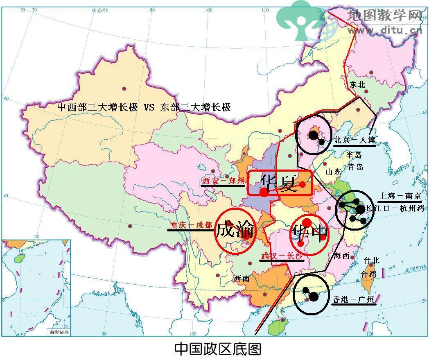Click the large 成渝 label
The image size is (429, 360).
tap(235, 231)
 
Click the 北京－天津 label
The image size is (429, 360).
tap(354, 140)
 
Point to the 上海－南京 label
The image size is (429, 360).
tap(399, 196)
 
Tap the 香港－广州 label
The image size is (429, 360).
tap(353, 300)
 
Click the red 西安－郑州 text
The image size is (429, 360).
tap(224, 181)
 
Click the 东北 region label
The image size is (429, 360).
tap(357, 85)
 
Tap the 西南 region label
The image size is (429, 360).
tap(242, 279)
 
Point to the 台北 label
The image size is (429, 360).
tap(371, 260)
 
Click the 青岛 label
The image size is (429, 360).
tap(355, 167)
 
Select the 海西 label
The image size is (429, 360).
tap(341, 256)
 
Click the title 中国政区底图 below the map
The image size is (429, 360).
tap(217, 349)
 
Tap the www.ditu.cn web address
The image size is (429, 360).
tap(385, 30)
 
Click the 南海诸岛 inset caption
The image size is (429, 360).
tap(59, 332)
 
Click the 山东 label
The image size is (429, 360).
tap(333, 172)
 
